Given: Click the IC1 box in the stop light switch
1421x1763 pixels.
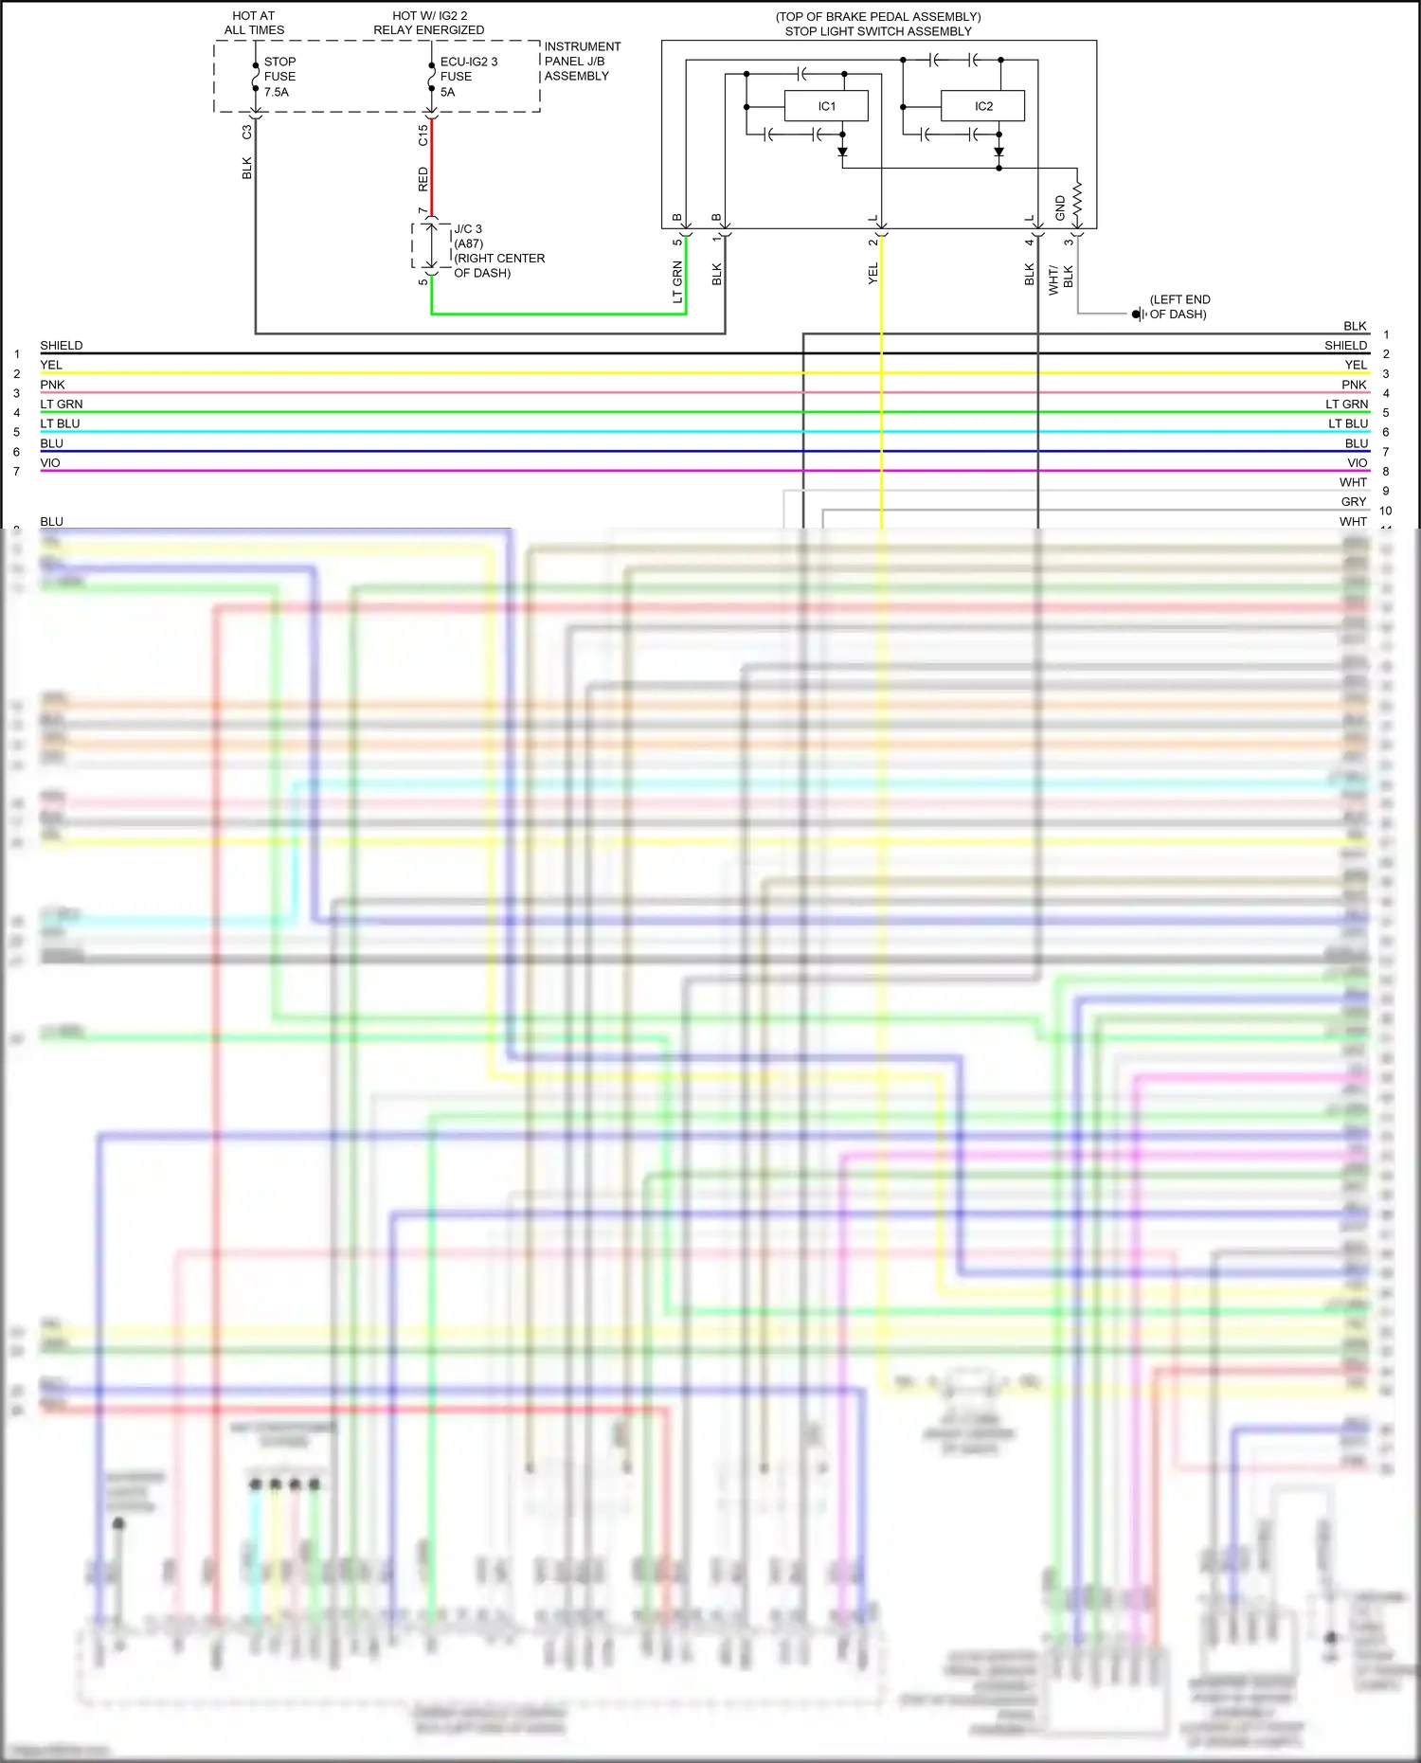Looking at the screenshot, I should coord(826,106).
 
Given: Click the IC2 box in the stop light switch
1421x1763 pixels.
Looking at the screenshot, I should coord(982,106).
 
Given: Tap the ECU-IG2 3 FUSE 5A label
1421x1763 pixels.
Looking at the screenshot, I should coord(468,77).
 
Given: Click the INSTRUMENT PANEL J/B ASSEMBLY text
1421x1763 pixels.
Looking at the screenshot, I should coord(582,62).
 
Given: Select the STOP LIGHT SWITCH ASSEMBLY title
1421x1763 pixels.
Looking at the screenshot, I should coord(878,31).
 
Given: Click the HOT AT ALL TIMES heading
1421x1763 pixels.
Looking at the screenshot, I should coord(254,23).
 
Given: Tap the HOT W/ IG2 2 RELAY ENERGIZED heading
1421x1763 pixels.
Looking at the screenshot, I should coord(429,23).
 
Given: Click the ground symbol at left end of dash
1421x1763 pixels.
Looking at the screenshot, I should coord(1138,314).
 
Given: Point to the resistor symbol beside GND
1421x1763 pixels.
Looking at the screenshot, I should coord(1077,201).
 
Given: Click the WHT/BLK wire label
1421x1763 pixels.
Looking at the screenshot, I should coord(1061,279).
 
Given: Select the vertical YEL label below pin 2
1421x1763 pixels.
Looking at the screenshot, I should coord(873,274).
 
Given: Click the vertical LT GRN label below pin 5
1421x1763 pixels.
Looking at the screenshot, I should coord(677,282).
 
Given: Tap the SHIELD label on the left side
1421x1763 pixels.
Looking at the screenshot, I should coord(62,346).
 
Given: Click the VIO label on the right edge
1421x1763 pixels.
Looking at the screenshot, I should coord(1357,463).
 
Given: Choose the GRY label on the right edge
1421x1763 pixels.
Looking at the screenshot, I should coord(1353,502).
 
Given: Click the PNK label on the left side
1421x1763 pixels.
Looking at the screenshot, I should coord(53,385).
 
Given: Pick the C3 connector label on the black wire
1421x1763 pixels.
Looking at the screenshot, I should coord(247,133).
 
